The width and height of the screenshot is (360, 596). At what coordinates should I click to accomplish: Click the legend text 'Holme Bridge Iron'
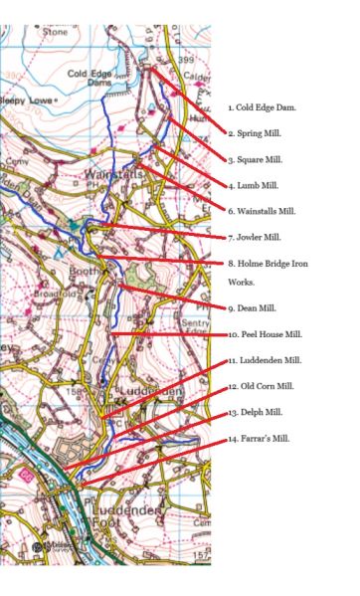[x=269, y=263]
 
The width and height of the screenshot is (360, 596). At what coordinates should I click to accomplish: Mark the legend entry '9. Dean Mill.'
[x=255, y=307]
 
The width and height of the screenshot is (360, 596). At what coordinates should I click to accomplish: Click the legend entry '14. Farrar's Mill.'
[x=260, y=438]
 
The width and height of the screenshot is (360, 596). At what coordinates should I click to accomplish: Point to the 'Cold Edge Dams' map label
[x=90, y=80]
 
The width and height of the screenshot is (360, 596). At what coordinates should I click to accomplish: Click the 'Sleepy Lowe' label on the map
[x=24, y=101]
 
